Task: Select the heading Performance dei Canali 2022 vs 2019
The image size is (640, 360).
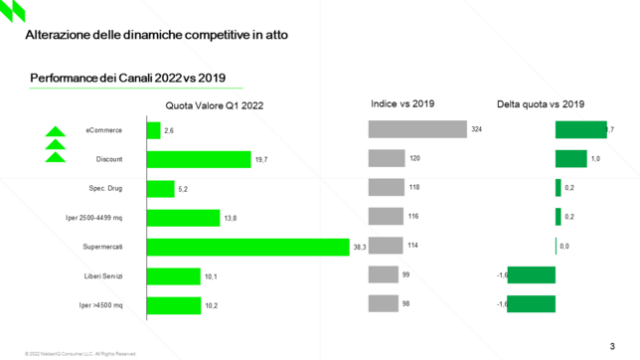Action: tap(127, 79)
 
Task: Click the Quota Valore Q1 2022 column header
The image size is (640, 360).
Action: tap(215, 105)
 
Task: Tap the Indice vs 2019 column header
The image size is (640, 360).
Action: tap(401, 103)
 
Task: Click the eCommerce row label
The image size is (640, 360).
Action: tap(104, 130)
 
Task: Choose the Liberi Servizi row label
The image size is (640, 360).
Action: tap(102, 274)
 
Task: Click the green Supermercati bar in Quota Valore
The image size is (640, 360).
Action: tap(247, 246)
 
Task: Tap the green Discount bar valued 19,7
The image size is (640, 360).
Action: tap(199, 159)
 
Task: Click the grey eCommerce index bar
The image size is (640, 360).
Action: tap(416, 130)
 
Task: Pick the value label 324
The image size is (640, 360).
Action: tap(476, 130)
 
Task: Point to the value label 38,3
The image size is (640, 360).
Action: tap(359, 247)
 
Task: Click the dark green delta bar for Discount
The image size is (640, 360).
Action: tap(570, 159)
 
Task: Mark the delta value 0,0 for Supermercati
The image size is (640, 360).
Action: tap(564, 246)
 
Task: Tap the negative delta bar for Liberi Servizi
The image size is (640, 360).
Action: tap(531, 274)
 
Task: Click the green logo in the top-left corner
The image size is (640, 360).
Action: tap(14, 13)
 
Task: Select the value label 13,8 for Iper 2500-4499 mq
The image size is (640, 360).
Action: tap(230, 218)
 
